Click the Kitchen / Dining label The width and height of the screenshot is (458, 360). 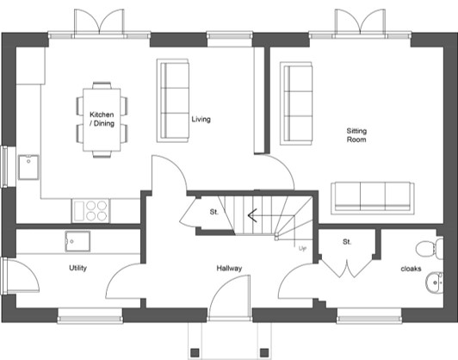(x=102, y=119)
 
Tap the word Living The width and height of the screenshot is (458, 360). (x=201, y=119)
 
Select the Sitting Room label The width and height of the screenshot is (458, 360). (x=356, y=135)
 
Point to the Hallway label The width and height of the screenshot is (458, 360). (x=229, y=268)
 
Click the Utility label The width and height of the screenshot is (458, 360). (x=78, y=268)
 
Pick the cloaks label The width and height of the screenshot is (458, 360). (x=411, y=269)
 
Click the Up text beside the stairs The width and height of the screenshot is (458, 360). (x=302, y=248)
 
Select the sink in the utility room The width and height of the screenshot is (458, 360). (x=77, y=241)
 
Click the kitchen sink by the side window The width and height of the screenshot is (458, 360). (x=28, y=167)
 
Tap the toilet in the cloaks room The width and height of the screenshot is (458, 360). (x=430, y=249)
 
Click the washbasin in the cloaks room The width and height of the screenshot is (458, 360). (x=435, y=282)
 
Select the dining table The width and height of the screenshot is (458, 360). (x=102, y=120)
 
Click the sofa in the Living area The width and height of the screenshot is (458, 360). (x=173, y=101)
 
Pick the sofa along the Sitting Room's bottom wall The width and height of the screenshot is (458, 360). (x=373, y=198)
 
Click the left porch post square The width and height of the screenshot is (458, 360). (x=195, y=351)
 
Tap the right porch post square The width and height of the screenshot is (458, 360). (x=264, y=351)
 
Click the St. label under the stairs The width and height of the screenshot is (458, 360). (x=214, y=212)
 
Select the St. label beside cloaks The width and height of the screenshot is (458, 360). (x=347, y=242)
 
